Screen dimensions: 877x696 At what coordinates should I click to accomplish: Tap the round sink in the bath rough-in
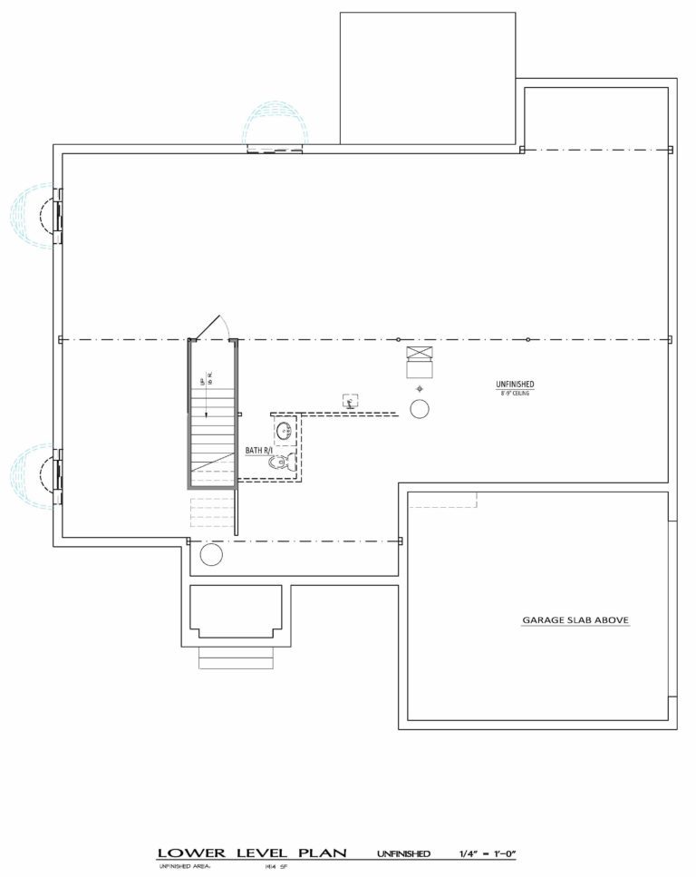tap(282, 430)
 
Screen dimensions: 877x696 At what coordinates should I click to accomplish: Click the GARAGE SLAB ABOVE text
tap(575, 621)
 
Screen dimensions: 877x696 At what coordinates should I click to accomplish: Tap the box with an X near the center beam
tap(420, 354)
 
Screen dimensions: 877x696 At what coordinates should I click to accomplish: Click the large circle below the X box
tap(420, 409)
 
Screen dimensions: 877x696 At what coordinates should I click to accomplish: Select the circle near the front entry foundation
tap(211, 555)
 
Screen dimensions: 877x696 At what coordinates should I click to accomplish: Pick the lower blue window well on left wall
tap(34, 475)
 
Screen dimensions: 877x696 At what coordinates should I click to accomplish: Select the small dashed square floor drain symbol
tap(349, 400)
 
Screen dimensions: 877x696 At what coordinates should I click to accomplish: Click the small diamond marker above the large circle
tap(420, 388)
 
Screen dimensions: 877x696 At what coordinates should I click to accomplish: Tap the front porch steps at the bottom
tap(236, 658)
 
